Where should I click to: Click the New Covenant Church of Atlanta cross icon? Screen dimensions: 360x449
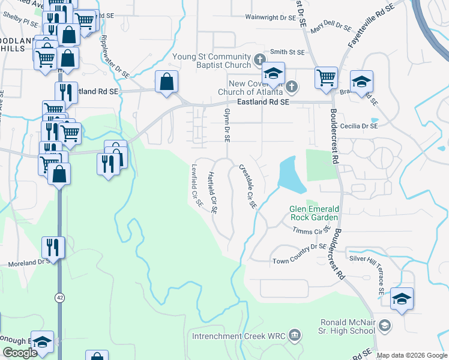[x=291, y=86]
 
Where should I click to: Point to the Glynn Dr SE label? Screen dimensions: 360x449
[x=227, y=125]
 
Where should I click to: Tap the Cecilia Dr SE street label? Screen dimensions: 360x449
[x=358, y=126]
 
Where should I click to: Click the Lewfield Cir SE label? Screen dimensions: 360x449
[x=197, y=186]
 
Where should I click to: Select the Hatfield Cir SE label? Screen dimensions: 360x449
[x=212, y=193]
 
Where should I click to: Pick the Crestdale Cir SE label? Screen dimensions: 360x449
[x=247, y=187]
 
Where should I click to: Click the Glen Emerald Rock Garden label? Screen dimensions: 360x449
[x=315, y=212]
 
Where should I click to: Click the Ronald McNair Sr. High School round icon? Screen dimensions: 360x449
[x=384, y=326]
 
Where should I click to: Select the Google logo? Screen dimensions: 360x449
[x=20, y=353]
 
